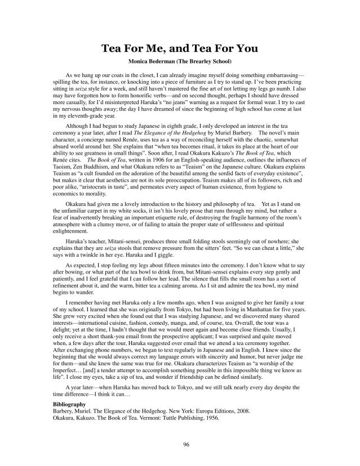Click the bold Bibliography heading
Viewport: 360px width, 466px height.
[x=69, y=404]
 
